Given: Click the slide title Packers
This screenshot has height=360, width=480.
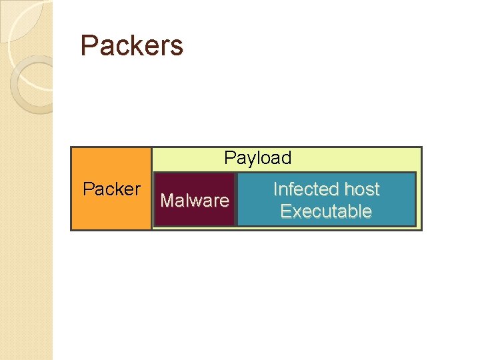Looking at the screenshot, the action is [131, 46].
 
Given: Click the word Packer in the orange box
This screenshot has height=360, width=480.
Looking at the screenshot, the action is [111, 189].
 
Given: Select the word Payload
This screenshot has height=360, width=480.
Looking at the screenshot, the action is [257, 158].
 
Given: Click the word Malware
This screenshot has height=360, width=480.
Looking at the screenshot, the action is [195, 200].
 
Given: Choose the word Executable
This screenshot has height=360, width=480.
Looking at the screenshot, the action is [325, 211].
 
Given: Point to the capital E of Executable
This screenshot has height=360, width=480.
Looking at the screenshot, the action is [285, 211].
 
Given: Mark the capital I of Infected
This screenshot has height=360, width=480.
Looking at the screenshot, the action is [275, 189].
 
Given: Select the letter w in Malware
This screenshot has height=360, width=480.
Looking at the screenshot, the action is [201, 201].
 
